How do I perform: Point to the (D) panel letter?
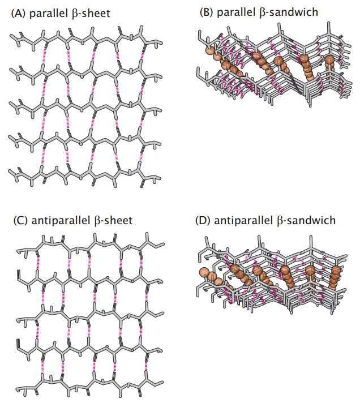click(x=202, y=220)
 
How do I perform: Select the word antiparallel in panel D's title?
click(x=245, y=220)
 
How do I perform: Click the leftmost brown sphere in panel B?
click(x=211, y=52)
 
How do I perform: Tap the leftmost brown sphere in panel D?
click(x=203, y=273)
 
